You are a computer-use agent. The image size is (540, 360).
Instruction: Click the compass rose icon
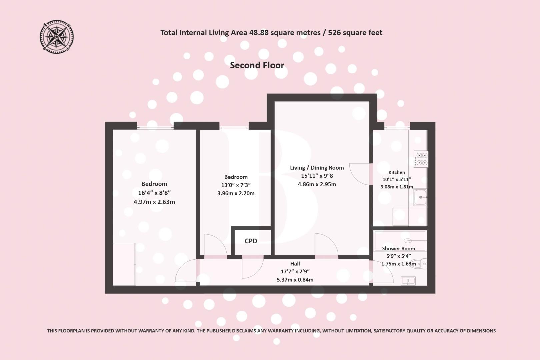(57, 36)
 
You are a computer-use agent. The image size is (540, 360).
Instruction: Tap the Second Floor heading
(257, 65)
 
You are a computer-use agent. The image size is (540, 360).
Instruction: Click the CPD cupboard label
(251, 241)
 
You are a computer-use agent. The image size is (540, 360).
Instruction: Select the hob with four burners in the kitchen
(421, 159)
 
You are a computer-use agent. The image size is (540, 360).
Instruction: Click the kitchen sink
(420, 197)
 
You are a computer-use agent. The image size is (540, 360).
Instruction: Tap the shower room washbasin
(408, 281)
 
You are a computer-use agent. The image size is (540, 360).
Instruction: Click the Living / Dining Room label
(317, 168)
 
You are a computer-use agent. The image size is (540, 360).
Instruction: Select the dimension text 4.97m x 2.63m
(154, 202)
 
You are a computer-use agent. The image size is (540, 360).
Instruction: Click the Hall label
(295, 264)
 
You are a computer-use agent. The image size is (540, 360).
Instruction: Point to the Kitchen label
(397, 172)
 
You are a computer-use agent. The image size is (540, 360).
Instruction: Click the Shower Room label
(398, 248)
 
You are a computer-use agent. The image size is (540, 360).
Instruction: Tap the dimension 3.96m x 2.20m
(236, 193)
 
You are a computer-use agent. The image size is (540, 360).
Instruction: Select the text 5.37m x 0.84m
(295, 280)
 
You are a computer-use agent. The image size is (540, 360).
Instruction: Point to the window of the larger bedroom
(155, 126)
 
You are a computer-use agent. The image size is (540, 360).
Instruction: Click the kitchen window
(397, 126)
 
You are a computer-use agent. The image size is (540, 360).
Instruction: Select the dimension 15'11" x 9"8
(317, 176)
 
